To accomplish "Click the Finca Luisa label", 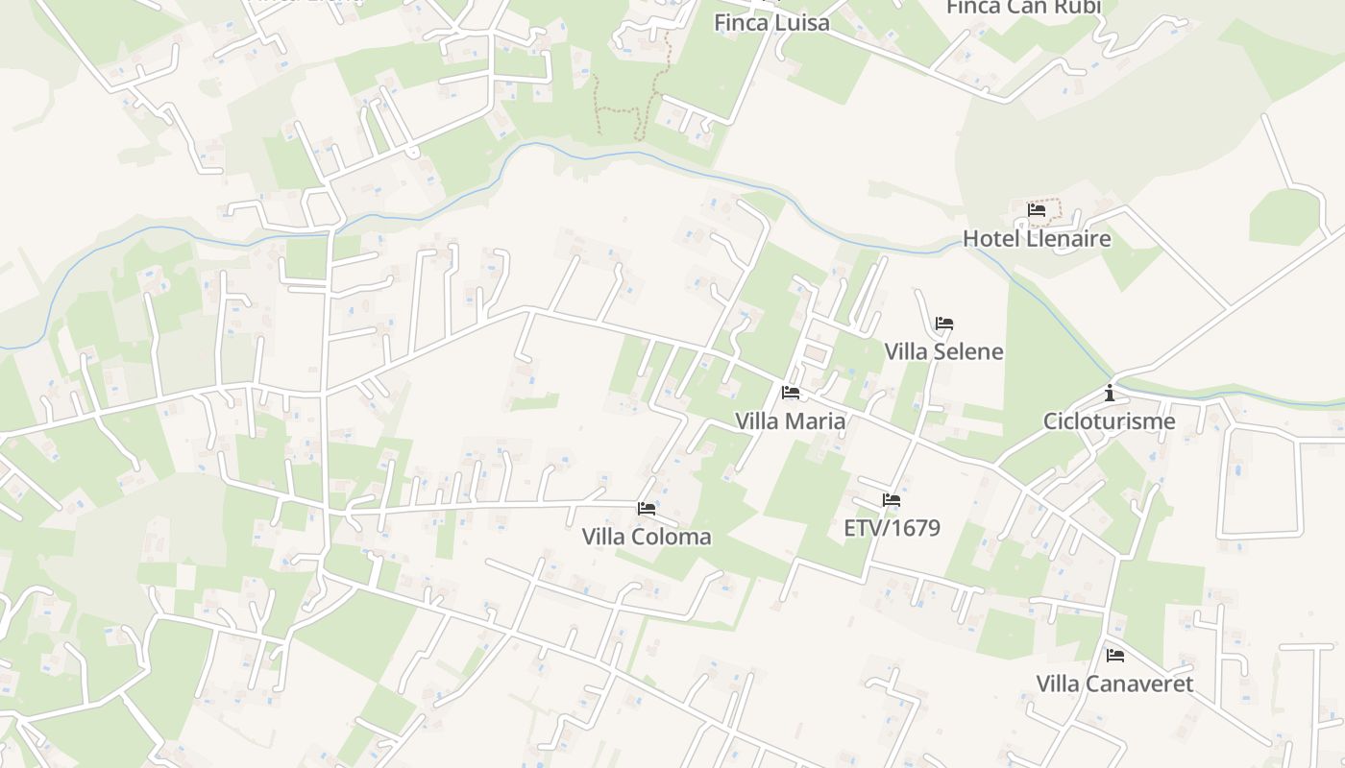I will pos(771,22).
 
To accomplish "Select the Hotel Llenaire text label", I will pos(1037,238).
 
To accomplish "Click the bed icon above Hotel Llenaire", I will pos(1037,209).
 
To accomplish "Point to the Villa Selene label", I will pos(943,351).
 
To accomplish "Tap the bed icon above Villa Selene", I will pos(944,324).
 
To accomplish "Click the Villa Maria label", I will pos(790,420).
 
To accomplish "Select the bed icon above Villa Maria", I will pos(791,392).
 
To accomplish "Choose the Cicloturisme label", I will pos(1110,420).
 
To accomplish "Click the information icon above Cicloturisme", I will pos(1110,393).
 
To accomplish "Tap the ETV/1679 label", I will pos(892,528).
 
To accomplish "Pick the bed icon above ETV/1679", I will pos(892,500).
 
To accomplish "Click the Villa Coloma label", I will pos(647,537).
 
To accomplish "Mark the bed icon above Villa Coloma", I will pos(647,508).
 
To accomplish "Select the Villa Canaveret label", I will pos(1114,684).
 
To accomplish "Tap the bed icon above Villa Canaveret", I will pos(1115,656).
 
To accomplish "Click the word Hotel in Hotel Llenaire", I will pos(990,238).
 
